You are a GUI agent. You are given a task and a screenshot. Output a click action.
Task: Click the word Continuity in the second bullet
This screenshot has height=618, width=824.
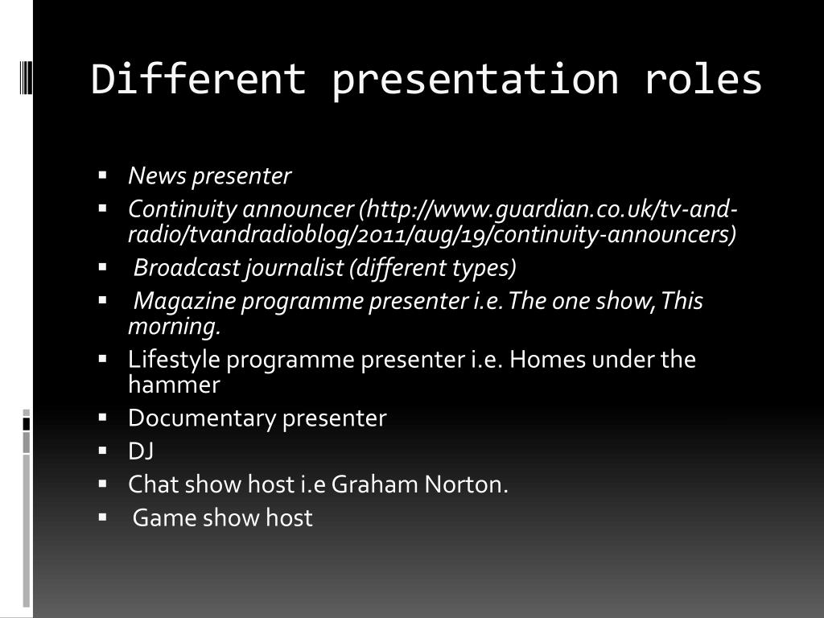pos(183,210)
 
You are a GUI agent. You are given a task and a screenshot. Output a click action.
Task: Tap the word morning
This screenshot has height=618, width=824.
pos(174,328)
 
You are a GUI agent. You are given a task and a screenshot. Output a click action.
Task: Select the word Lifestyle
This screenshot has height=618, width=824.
pos(174,359)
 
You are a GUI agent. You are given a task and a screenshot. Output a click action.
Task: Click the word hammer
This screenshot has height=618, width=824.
pos(174,385)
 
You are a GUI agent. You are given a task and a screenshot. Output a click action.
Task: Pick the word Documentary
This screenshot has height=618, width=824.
pos(202,418)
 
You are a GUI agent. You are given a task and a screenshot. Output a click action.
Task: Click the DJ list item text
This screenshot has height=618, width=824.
pos(141,451)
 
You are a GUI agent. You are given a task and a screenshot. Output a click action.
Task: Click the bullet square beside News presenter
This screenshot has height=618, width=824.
pos(103,174)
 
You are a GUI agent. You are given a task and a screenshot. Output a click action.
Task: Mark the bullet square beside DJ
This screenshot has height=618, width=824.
pos(103,450)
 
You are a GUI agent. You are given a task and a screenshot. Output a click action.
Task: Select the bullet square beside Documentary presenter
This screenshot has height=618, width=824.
pos(103,417)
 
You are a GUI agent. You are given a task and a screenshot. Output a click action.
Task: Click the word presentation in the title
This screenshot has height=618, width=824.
pos(475,80)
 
